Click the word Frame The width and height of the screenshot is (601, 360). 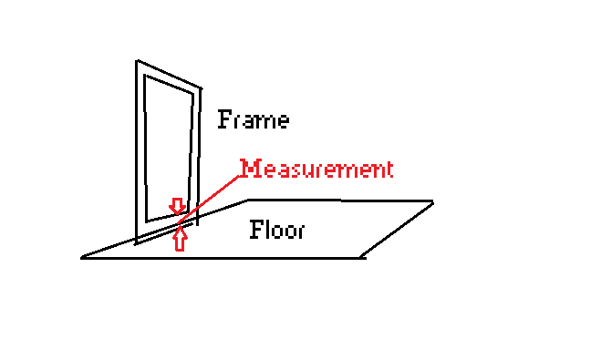click(x=254, y=119)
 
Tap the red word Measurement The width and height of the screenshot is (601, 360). click(x=316, y=169)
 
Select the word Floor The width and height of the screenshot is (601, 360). click(x=277, y=230)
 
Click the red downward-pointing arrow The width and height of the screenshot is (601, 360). click(x=178, y=206)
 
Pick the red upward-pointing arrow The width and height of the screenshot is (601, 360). click(x=180, y=239)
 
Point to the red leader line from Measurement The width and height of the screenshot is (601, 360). click(x=209, y=200)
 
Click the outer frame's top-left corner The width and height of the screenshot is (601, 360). click(x=137, y=60)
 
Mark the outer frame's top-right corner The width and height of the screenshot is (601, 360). click(x=201, y=88)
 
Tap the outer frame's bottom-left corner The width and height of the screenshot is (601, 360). click(x=136, y=244)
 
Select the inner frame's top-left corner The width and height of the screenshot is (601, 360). click(x=145, y=75)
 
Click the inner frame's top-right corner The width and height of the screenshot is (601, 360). click(x=192, y=93)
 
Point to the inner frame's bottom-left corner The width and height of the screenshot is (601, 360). click(x=147, y=221)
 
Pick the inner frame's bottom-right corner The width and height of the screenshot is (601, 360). click(x=188, y=212)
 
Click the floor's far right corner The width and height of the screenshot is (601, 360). click(x=433, y=201)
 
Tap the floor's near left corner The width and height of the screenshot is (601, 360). click(x=81, y=258)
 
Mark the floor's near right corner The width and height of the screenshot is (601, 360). click(x=363, y=258)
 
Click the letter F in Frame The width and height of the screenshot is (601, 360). click(x=224, y=119)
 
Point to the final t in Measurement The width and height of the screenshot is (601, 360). click(x=389, y=170)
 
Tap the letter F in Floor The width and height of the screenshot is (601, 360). click(x=256, y=230)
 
